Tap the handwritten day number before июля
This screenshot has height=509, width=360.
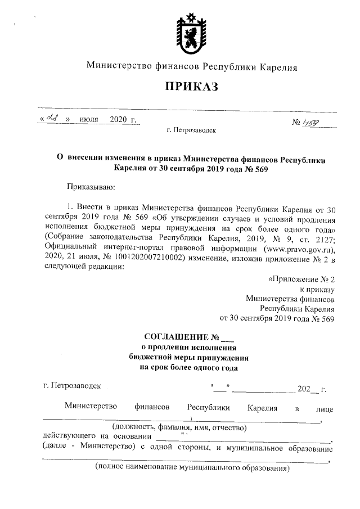point(55,119)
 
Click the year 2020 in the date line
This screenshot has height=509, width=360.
point(119,120)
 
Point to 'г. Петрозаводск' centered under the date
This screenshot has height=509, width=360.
point(191,130)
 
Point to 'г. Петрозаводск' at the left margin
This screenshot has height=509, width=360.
point(71,386)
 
